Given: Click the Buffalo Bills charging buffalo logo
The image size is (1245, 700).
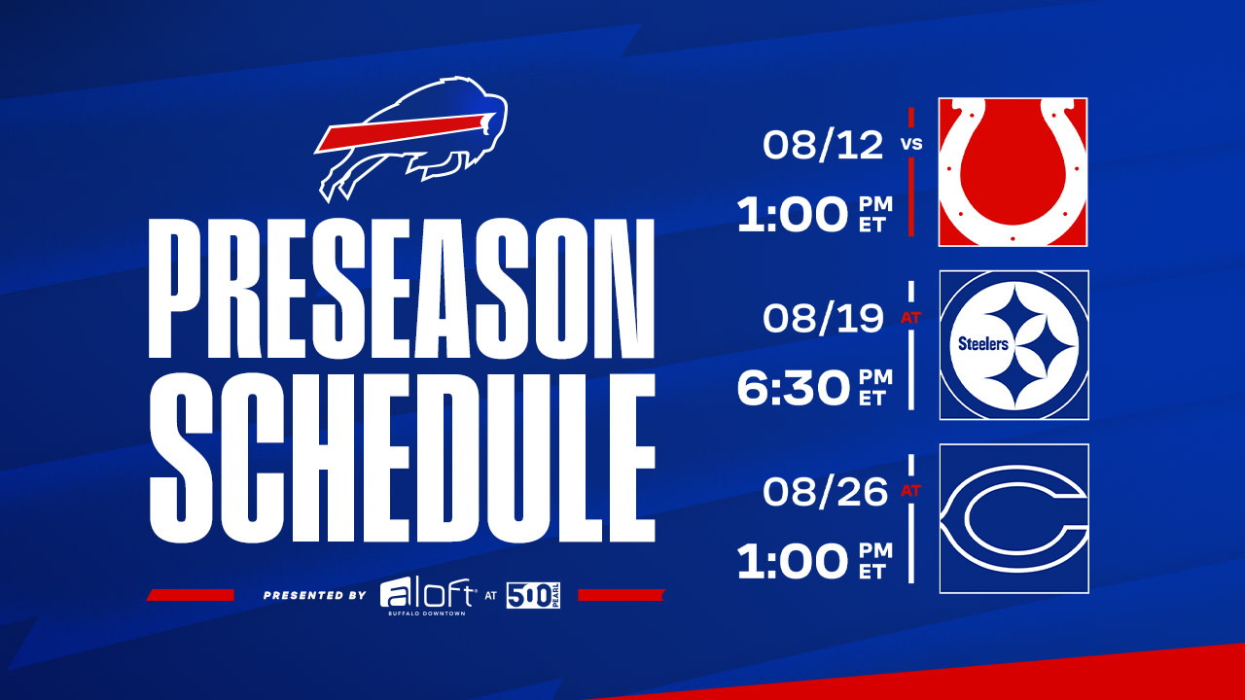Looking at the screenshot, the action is [411, 139].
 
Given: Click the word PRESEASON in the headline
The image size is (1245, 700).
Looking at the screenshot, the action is [402, 289].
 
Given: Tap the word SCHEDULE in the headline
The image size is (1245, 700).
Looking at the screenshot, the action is [403, 458].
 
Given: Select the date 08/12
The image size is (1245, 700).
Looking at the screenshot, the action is [823, 145].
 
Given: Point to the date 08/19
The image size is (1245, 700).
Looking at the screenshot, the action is [823, 318].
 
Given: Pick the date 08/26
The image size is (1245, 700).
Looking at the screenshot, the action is [826, 492].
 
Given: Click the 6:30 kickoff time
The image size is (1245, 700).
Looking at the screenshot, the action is [793, 388].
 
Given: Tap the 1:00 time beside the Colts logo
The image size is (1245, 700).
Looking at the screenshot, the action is [793, 215].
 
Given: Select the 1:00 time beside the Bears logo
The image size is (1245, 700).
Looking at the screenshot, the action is [793, 562].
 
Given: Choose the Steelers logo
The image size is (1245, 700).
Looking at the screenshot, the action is [1014, 345].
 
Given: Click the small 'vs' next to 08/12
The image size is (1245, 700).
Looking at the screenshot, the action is [911, 144].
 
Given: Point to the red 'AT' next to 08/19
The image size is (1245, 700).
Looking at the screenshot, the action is [911, 318].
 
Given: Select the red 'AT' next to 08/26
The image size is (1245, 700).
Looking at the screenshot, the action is [911, 491].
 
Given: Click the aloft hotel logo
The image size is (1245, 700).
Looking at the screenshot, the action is [427, 597].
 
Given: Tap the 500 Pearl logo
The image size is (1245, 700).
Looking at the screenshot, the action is [533, 596].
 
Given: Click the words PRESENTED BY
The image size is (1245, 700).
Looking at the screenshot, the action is [315, 596].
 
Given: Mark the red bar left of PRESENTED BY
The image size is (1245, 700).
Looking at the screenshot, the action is [190, 595].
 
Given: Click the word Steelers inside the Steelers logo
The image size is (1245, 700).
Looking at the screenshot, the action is [983, 344].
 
